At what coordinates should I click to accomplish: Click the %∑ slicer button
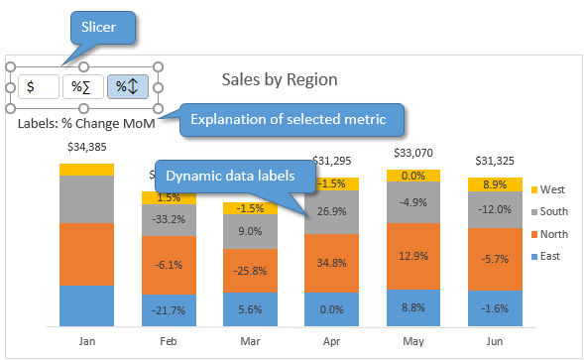click(82, 86)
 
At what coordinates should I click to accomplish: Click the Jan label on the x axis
click(86, 339)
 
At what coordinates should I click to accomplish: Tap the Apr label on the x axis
click(332, 339)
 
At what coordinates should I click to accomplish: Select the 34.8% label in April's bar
click(332, 264)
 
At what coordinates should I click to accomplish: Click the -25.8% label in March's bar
click(250, 270)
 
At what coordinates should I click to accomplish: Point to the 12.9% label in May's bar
click(413, 256)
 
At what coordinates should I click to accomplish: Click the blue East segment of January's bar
click(86, 304)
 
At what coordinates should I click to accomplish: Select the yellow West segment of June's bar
click(495, 184)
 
